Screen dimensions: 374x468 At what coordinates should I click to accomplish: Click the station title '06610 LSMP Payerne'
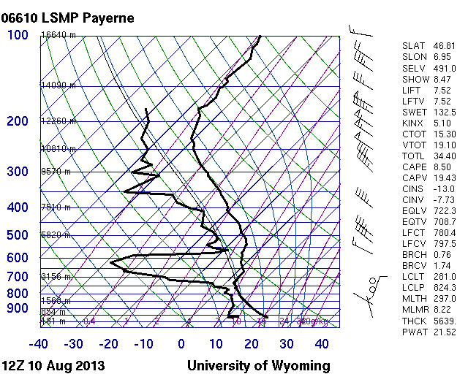click(68, 18)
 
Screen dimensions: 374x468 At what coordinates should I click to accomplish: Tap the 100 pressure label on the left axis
click(18, 35)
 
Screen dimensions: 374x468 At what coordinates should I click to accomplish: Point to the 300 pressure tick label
click(18, 172)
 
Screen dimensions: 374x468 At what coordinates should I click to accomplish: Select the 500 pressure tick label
click(18, 235)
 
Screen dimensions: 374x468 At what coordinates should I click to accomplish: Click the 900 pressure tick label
click(18, 309)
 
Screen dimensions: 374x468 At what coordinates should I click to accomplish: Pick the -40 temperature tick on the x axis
click(39, 344)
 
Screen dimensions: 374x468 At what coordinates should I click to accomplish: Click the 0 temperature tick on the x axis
click(181, 344)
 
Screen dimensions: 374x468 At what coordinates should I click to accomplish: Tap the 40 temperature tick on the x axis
click(322, 344)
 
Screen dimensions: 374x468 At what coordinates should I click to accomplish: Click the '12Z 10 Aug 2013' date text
click(53, 365)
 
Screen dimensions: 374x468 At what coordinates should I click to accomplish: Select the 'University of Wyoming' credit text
click(258, 365)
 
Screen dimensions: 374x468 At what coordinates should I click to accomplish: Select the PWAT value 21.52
click(443, 332)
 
